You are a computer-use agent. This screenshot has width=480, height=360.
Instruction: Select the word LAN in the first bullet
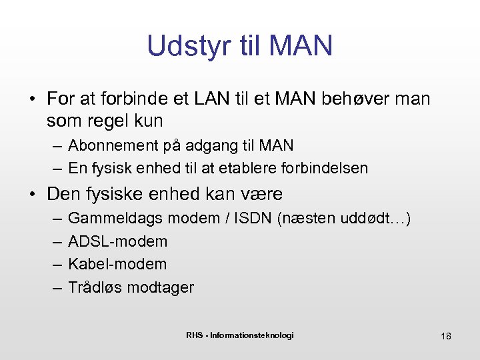[211, 99]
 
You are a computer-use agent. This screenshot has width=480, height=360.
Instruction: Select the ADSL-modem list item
[118, 241]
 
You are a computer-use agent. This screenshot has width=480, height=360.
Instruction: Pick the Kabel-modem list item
[118, 264]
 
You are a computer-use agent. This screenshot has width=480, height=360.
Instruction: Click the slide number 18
[446, 336]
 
